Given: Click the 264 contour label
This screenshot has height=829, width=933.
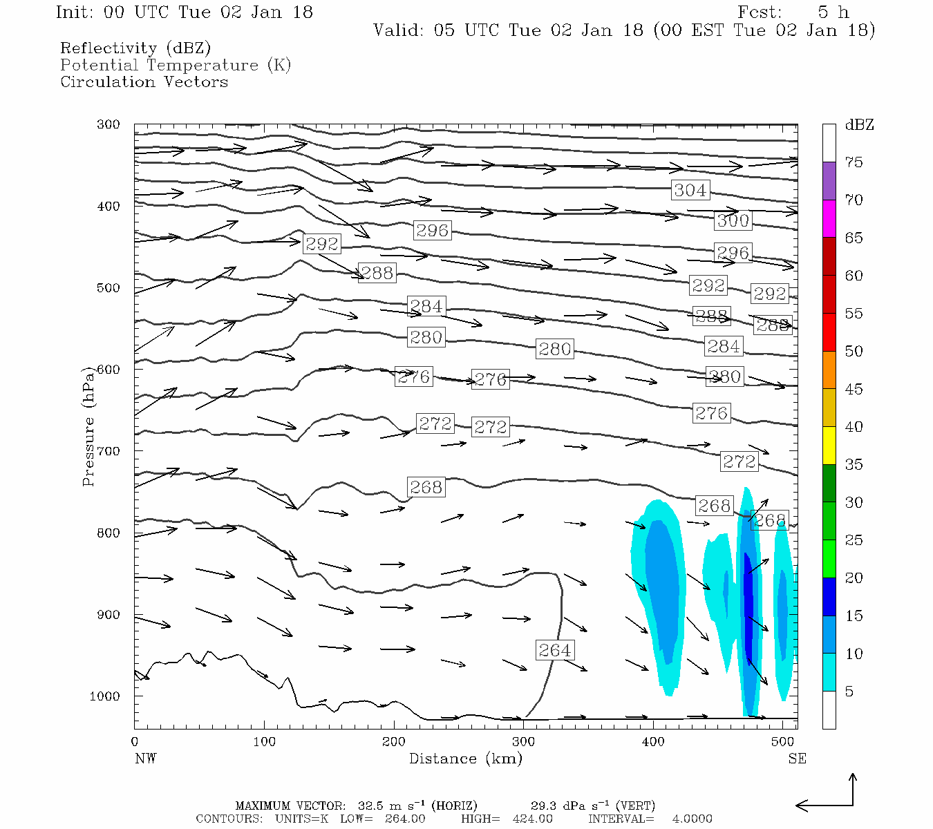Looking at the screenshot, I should pos(554,650).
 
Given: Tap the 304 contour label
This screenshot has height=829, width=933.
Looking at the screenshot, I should pos(690,190).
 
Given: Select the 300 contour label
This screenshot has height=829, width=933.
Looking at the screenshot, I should pos(733,220).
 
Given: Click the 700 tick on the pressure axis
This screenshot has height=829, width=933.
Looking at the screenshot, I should pos(108,451).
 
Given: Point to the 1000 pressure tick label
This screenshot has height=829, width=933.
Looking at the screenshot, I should pos(104,696).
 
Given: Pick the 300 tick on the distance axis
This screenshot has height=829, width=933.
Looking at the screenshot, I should pos(523,742).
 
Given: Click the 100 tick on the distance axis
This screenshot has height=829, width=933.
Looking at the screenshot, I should pos(264,742).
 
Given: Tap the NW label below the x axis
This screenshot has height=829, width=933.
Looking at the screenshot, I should pos(145,759).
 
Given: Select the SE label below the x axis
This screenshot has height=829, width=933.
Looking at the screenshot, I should pos(797,759).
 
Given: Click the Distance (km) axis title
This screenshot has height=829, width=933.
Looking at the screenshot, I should pos(465,759).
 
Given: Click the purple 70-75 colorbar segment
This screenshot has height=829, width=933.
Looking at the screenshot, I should pos(829,180).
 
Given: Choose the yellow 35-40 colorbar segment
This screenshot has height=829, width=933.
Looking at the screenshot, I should pos(829,445).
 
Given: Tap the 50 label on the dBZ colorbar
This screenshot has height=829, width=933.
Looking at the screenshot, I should pos(854,351).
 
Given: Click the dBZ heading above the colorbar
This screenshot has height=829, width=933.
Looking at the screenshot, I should pos(859,125).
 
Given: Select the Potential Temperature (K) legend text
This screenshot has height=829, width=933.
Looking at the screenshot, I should pos(176,65).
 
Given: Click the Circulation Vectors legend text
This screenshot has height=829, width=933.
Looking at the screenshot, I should pos(144,82).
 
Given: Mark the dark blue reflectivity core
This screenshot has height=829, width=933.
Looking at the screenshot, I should pos(748,608).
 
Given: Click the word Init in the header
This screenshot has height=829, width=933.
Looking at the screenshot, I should pos(75,12).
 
